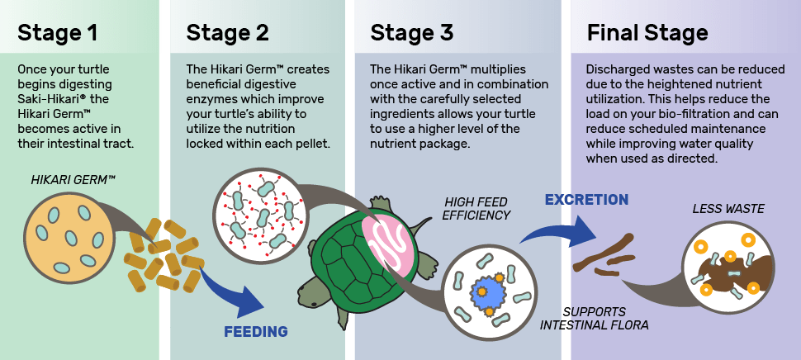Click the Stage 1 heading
pos(57,33)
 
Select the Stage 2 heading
pos(228,33)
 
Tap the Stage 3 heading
pos(412,33)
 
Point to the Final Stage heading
pos(647,34)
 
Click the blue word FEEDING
pos(256,332)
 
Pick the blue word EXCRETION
pos(586,200)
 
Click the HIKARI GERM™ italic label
pos(73,180)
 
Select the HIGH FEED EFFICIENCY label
pos(476,208)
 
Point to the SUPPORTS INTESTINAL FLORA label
pos(594,318)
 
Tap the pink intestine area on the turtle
pos(388,241)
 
